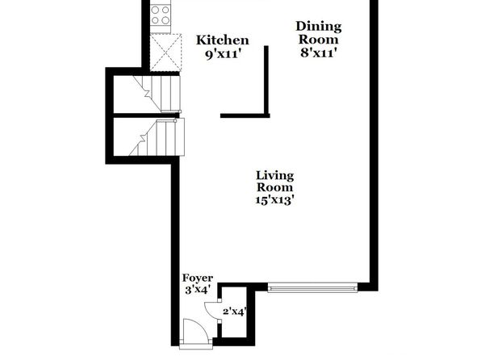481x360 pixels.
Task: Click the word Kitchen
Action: coord(223,40)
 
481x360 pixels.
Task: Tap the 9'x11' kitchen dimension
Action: coord(222,54)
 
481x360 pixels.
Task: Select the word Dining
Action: coord(319,27)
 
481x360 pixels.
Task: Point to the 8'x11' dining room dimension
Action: coord(319,52)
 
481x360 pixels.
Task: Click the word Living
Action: coord(275,176)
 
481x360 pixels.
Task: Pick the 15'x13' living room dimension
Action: coord(275,200)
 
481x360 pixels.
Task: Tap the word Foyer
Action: coord(198,278)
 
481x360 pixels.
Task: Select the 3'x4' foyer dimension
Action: coord(198,289)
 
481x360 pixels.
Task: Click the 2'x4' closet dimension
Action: coord(235,312)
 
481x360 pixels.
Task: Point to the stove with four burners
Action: coord(161,15)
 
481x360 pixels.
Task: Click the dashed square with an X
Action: coord(165,52)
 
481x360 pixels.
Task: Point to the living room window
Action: coord(312,288)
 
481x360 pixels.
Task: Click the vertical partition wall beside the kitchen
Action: coord(266,81)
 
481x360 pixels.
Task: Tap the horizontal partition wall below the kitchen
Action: coord(245,115)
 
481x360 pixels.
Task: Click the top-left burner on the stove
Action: coord(155,10)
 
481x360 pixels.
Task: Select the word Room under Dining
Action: coord(319,40)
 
